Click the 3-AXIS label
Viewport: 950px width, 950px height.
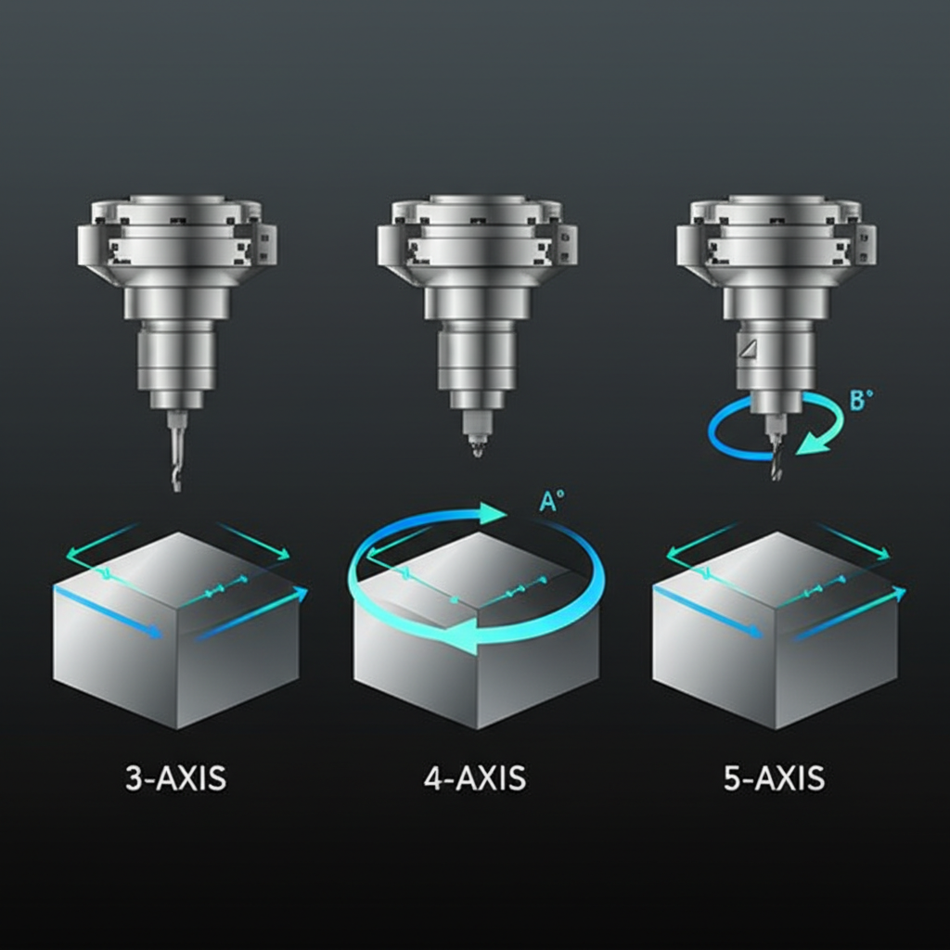175,777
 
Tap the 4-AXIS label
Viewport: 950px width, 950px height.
475,777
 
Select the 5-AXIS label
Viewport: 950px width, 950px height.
774,777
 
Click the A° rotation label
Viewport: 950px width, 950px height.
551,502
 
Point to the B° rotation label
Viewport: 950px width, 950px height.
861,401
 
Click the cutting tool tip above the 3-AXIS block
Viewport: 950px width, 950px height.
176,478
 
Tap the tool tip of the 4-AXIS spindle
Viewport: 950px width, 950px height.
477,449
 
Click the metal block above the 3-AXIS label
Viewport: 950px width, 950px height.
176,640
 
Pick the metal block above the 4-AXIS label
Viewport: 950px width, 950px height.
476,649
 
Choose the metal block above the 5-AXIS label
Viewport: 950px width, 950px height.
776,640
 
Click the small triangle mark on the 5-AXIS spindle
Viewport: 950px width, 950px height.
749,348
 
